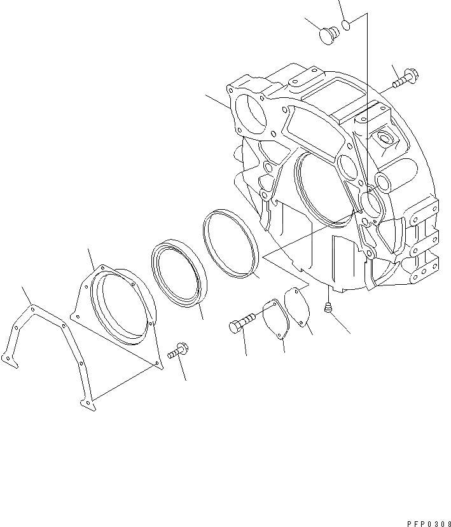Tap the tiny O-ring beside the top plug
pos(347,25)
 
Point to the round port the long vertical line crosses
pos(370,204)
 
